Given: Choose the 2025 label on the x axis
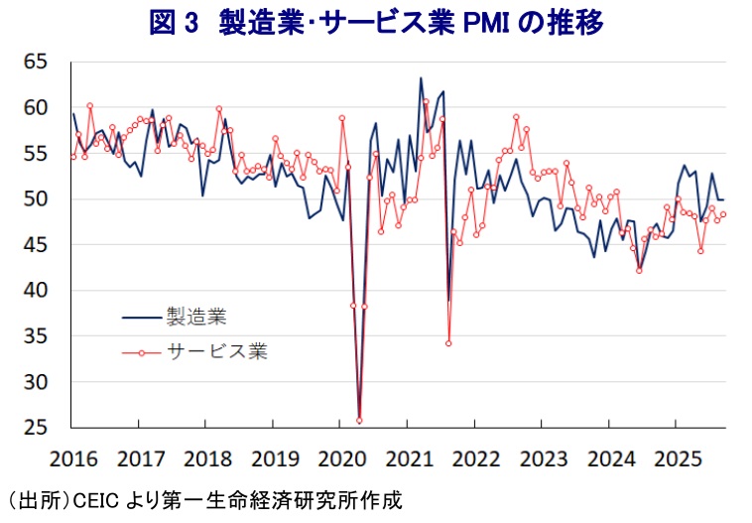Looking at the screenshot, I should pyautogui.click(x=674, y=458).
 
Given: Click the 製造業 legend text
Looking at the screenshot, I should pyautogui.click(x=197, y=318).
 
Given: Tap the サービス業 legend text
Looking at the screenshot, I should pyautogui.click(x=215, y=350).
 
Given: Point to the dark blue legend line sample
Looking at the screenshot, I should pyautogui.click(x=142, y=318).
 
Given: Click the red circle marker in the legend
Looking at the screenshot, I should pyautogui.click(x=142, y=351).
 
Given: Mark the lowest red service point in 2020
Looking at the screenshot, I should pyautogui.click(x=359, y=421).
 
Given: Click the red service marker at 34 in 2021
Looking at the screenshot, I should pyautogui.click(x=448, y=343).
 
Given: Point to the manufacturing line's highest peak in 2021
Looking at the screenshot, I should pyautogui.click(x=421, y=78).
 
